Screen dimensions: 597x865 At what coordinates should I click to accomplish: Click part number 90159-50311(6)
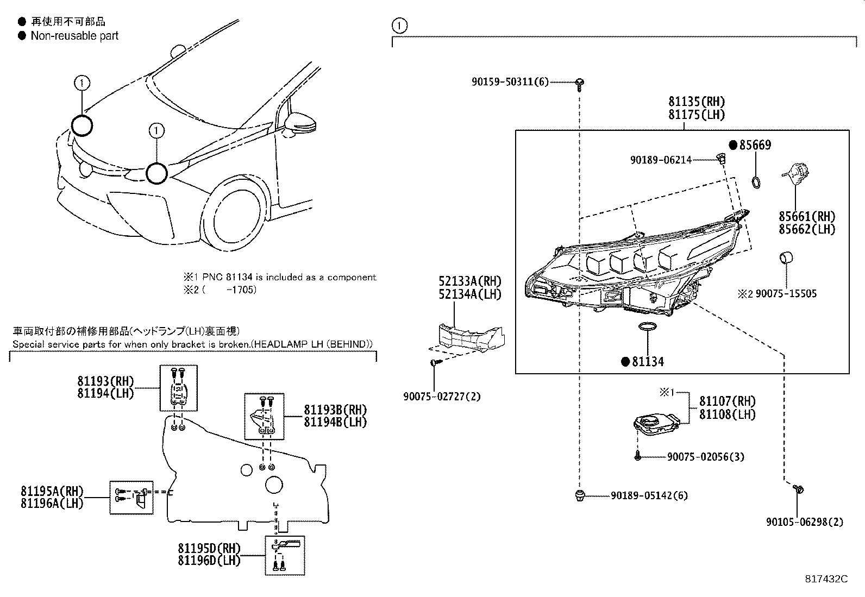(510, 82)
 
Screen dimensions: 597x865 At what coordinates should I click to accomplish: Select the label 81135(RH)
(697, 102)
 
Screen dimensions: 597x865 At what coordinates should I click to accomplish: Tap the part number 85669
(755, 145)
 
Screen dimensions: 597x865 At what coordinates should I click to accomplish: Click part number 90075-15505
(786, 294)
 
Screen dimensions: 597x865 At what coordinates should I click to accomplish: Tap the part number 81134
(648, 362)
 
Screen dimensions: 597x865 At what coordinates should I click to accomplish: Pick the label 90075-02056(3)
(705, 457)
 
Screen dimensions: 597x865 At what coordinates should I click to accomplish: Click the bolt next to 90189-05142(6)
(580, 495)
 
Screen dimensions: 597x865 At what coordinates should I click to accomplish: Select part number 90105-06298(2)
(805, 522)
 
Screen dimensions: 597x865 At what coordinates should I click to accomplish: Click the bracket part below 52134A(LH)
(471, 337)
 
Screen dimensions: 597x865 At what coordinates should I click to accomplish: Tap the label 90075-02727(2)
(442, 397)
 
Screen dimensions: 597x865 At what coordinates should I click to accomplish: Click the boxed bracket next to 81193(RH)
(178, 388)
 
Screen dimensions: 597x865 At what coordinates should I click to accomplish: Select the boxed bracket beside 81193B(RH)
(264, 416)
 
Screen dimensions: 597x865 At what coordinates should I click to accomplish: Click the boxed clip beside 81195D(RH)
(285, 555)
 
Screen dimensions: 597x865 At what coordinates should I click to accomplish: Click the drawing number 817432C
(826, 579)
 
